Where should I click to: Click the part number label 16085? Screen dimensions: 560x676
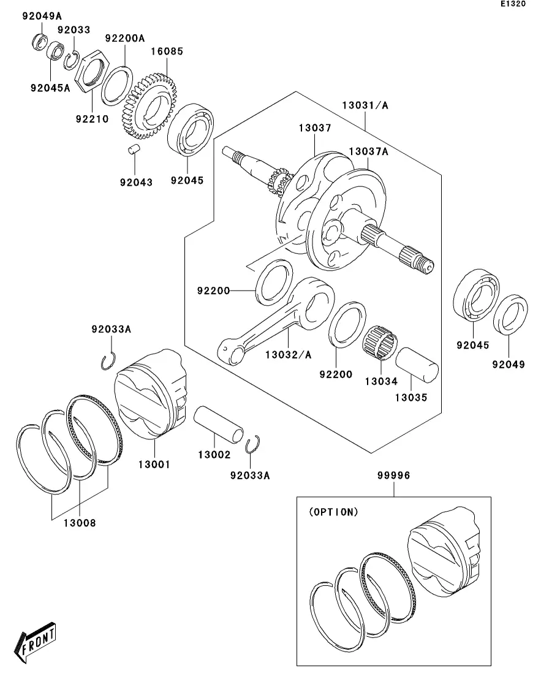167,51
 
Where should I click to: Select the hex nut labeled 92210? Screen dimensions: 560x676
92,71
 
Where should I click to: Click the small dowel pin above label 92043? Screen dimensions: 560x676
135,149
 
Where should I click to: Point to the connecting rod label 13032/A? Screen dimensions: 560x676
289,355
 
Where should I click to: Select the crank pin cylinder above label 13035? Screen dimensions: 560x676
417,365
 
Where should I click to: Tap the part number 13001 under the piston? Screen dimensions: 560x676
154,465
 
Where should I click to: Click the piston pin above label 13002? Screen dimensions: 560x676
218,423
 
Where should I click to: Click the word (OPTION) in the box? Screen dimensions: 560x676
334,512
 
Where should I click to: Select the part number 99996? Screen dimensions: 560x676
393,476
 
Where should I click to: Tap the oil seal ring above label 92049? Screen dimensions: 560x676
510,314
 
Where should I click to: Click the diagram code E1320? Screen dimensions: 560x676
513,4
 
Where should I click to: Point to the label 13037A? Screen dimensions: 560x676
369,152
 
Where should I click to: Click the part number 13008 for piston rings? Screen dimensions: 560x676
80,523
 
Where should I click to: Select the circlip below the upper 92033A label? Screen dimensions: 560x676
108,361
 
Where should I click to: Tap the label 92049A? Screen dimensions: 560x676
42,17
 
